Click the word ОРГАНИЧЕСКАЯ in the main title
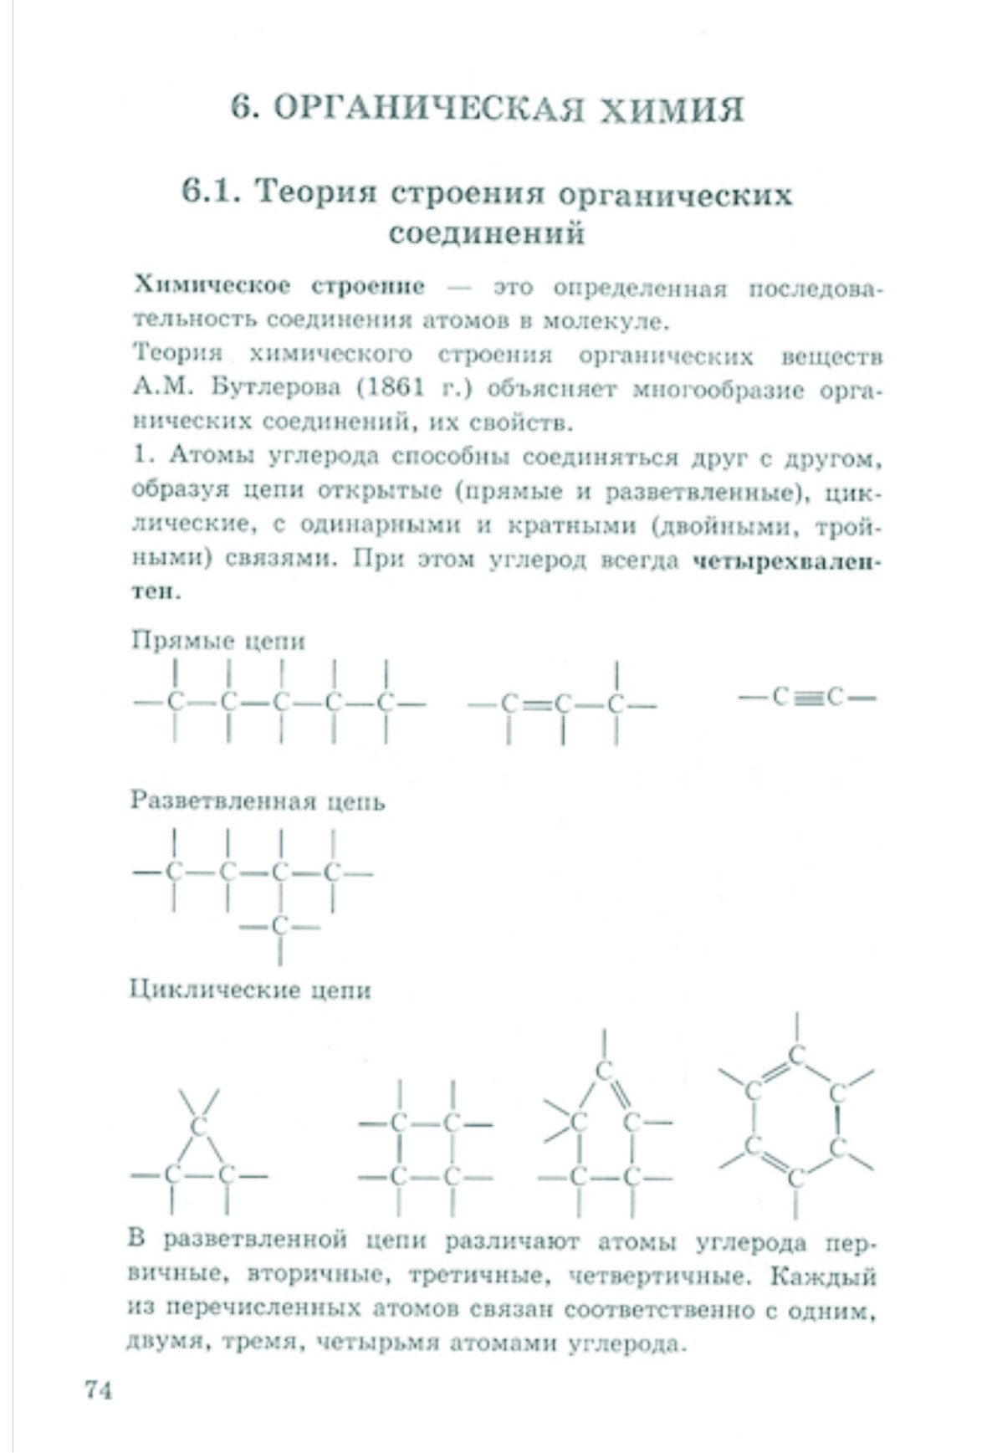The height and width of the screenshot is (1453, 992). point(427,110)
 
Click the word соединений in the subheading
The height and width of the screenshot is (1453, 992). point(486,233)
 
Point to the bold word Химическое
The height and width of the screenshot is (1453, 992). point(212,286)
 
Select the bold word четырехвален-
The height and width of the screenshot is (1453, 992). point(787,560)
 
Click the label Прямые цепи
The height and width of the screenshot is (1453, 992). point(218,641)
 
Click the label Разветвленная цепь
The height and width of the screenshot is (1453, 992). point(258,801)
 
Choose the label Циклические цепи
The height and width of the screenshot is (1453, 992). point(250,990)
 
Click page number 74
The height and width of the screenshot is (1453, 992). point(98,1389)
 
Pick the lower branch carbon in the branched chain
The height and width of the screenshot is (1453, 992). point(280,926)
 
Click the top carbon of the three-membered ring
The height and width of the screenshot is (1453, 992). point(198,1125)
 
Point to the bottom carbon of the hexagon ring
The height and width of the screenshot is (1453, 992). point(795,1178)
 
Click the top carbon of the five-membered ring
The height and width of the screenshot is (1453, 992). point(604,1071)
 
